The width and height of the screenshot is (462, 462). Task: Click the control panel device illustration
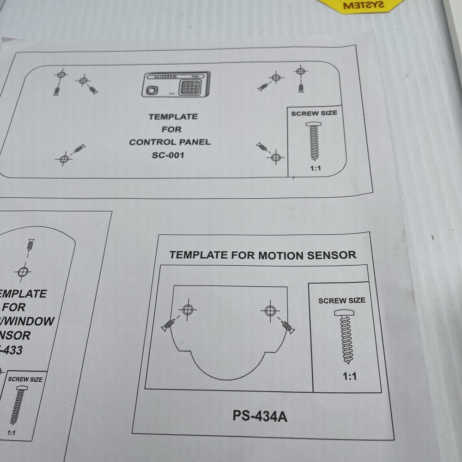coord(176,85)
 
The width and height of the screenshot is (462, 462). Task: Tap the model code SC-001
coord(168,155)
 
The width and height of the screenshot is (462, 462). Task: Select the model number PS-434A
coord(260,416)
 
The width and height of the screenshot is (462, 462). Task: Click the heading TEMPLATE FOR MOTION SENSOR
coord(262,255)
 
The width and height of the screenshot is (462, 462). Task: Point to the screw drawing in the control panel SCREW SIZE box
coord(314,141)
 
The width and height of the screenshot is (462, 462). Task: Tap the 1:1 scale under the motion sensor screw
coord(350,376)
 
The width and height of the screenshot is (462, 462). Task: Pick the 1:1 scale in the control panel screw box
coord(315,169)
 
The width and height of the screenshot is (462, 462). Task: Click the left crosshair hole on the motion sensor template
coord(187,309)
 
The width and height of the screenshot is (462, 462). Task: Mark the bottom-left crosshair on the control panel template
coord(64,159)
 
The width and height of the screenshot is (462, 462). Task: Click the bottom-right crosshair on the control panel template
coord(276,157)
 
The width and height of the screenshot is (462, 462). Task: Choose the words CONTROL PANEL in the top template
coord(170,142)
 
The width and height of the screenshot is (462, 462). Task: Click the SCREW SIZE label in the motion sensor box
coord(341,300)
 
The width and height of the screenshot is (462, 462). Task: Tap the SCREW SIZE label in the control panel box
coord(314,113)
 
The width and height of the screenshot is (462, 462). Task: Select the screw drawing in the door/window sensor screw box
coord(19,406)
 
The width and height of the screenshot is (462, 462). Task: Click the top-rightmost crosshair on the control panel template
coord(301,71)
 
